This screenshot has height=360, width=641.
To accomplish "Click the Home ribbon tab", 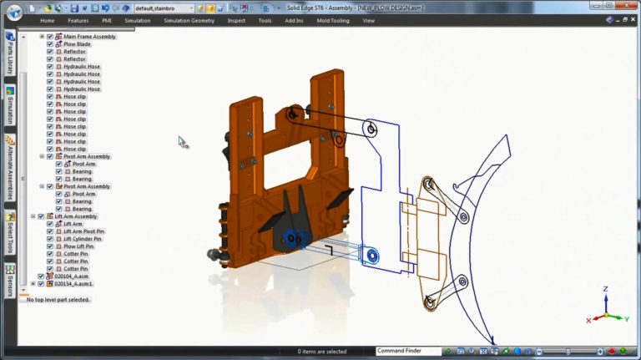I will pos(48,20).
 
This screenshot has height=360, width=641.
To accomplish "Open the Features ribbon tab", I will pos(78,20).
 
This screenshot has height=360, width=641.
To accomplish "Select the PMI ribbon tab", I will pos(107,20).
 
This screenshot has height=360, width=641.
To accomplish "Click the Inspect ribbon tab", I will pos(236,20).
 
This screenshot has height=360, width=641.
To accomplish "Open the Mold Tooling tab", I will pos(334,20).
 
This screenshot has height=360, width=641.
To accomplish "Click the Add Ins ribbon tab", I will pos(294,20).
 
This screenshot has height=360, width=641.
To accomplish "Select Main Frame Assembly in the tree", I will pos(89,37).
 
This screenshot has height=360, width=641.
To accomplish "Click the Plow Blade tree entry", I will pos(78,44).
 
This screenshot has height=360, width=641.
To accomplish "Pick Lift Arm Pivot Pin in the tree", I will pos(84,231).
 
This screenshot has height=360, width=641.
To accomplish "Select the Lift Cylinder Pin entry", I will pos(83,239).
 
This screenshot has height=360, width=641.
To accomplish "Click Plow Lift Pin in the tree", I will pos(78,246).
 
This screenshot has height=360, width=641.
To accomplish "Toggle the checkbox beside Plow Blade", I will pos(50,44).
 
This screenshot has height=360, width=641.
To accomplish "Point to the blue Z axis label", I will pos(605,289).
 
